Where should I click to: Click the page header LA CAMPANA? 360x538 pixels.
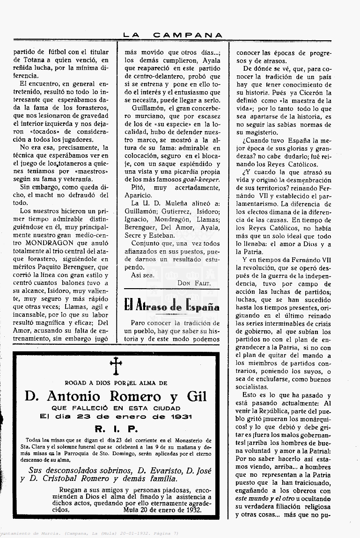point(172,35)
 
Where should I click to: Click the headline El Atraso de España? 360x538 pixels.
point(172,306)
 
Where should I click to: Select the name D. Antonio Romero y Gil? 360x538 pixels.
point(116,396)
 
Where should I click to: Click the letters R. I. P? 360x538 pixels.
point(115,429)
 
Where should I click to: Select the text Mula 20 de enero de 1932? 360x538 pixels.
point(162,509)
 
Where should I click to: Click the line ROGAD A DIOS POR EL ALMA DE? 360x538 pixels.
point(116,382)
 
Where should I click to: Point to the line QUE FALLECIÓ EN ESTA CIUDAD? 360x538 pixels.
point(116,407)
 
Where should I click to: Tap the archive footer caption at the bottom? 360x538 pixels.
point(89,533)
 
